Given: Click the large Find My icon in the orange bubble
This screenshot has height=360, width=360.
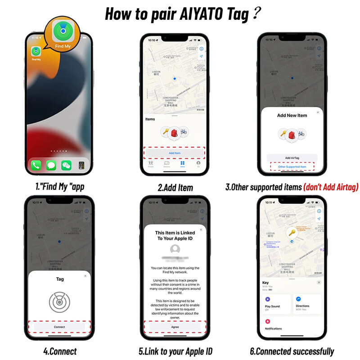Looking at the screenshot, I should coord(63,31).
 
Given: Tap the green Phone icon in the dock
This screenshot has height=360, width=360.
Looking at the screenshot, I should coord(36,165).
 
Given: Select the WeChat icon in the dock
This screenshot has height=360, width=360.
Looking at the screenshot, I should coord(66,165).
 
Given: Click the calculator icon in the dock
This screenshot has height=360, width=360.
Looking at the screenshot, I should coord(81,165).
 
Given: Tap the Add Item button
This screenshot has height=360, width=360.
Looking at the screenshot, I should coord(175,153).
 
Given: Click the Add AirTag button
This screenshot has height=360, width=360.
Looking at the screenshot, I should coord(292,158).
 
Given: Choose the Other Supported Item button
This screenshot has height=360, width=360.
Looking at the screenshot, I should coord(292,167).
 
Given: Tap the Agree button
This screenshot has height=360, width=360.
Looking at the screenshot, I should coord(175,327).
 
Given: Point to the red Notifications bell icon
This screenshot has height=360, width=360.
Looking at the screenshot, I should coord(267,321).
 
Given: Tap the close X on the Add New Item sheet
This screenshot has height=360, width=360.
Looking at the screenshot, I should coord(318,112).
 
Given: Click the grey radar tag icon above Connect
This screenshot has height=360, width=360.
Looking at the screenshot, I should coord(60,302).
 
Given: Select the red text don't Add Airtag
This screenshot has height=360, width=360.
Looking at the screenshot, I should coord(331,187).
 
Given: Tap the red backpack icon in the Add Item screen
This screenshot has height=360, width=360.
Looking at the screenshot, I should coord(175,132).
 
